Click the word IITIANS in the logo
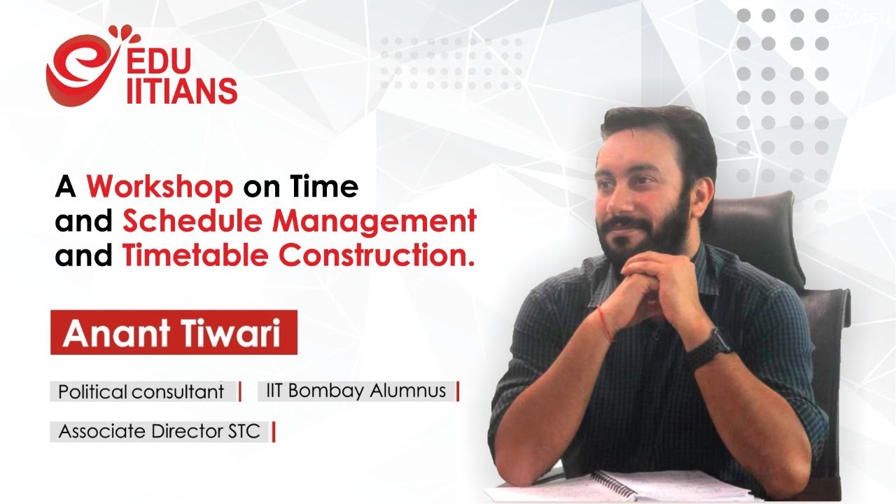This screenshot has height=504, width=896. (x=181, y=90)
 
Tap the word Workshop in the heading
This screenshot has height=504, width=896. (x=160, y=187)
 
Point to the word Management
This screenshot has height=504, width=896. (x=374, y=222)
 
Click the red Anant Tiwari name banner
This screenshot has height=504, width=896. (x=174, y=333)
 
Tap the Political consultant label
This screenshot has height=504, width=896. (x=141, y=391)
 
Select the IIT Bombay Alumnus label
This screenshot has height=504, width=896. (x=356, y=390)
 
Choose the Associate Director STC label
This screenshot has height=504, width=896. (x=159, y=431)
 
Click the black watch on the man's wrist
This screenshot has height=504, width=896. (x=708, y=348)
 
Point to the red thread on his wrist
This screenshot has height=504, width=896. (x=603, y=326)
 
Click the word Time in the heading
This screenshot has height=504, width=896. (x=330, y=187)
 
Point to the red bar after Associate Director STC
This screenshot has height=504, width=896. (x=273, y=432)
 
